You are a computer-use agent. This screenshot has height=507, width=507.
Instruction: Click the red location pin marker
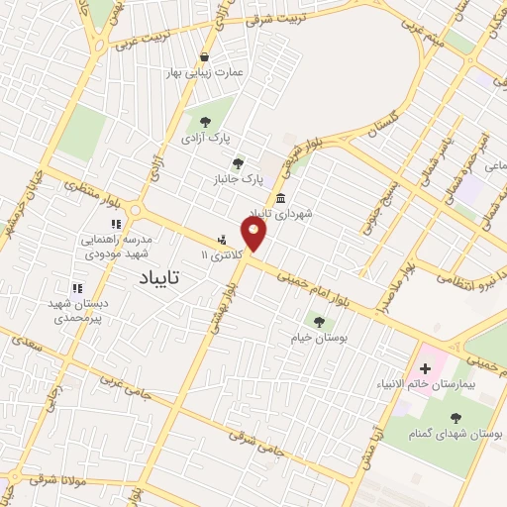254,235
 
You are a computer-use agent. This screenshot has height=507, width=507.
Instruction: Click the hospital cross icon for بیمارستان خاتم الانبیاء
426,368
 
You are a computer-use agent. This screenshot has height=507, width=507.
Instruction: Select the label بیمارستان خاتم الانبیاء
427,384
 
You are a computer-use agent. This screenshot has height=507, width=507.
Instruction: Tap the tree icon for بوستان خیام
319,321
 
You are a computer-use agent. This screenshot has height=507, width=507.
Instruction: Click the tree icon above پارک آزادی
205,122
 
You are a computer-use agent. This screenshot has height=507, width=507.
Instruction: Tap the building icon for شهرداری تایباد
281,198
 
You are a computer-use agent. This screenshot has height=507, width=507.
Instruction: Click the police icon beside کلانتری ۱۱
222,239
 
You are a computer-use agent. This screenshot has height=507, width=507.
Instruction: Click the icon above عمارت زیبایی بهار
205,56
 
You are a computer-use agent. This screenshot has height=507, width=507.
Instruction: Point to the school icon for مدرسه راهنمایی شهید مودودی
116,225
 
